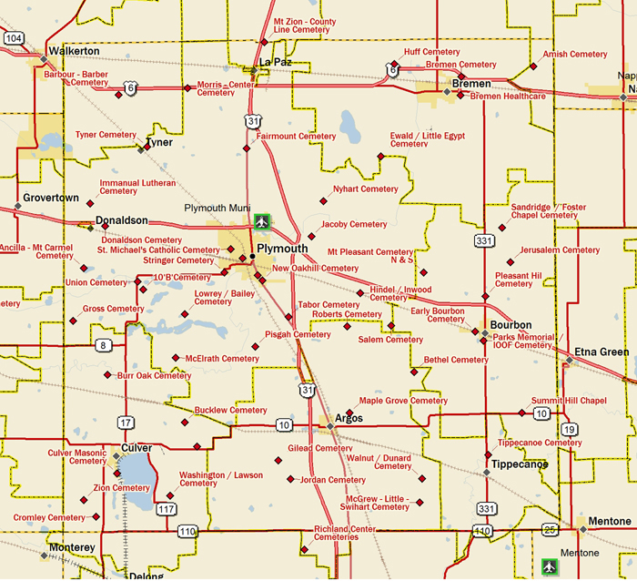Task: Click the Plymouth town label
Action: pos(283,249)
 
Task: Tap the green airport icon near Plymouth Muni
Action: pos(263,220)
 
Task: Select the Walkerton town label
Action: pos(74,51)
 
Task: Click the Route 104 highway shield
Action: pos(14,38)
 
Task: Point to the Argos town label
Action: pos(349,419)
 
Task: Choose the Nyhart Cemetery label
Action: pos(366,189)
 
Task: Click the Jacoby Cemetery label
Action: pos(354,224)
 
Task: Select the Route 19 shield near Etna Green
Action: pos(570,429)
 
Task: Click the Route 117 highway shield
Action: pos(166,510)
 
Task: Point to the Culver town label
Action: pos(136,448)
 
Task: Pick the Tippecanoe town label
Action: pos(520,464)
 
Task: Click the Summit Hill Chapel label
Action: pos(569,401)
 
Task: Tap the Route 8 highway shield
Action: pos(105,345)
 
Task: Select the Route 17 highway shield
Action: pos(126,423)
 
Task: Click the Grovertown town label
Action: pos(51,199)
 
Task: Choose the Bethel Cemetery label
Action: pos(456,360)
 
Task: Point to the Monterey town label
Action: pos(71,547)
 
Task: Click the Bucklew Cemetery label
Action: pos(231,411)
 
